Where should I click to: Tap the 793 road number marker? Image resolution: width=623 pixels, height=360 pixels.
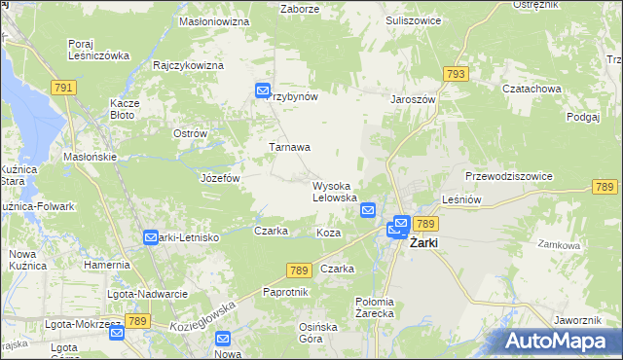[x=454, y=74]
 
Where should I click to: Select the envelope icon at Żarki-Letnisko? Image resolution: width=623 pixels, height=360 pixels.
[x=151, y=237]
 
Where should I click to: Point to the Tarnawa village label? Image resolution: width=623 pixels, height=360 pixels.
[x=289, y=147]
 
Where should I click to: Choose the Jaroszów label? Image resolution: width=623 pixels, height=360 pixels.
[x=413, y=98]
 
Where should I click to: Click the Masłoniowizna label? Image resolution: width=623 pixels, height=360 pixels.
[x=214, y=19]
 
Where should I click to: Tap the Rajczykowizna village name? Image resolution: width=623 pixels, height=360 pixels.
[x=189, y=65]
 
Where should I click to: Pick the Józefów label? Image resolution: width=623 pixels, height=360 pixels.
[x=219, y=179]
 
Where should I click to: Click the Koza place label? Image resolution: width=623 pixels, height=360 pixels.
[x=328, y=234]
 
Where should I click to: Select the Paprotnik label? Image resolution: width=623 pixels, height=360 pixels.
[x=285, y=292]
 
